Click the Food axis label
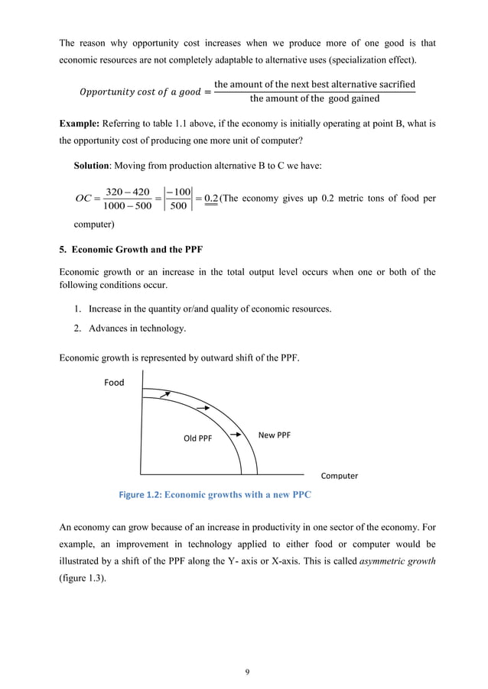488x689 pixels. pos(114,383)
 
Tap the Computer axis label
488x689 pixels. pos(339,476)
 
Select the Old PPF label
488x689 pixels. pos(197,438)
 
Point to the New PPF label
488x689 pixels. pos(275,435)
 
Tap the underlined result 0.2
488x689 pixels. pos(210,199)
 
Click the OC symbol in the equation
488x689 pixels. pos(83,199)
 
